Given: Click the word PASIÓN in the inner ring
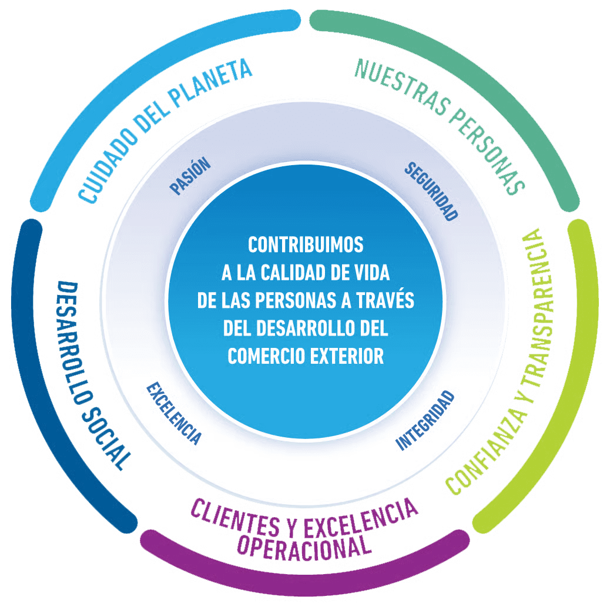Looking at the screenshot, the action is point(190,176).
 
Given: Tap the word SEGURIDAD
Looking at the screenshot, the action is point(431,191).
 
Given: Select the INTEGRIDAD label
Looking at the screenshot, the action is point(425,421).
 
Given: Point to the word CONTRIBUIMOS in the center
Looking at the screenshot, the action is point(306,244).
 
